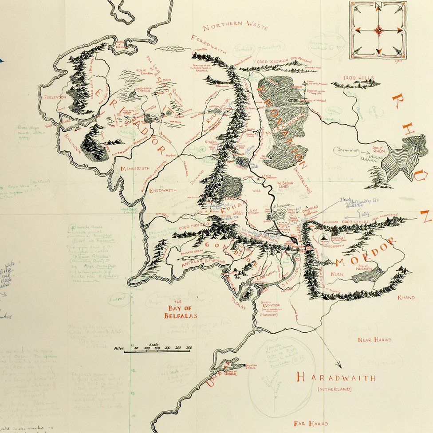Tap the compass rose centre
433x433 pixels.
(x=378, y=30)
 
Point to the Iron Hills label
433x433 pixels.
(x=358, y=78)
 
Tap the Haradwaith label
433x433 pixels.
(x=335, y=378)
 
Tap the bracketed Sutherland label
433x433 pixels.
(x=335, y=390)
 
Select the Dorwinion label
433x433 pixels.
(x=349, y=150)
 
